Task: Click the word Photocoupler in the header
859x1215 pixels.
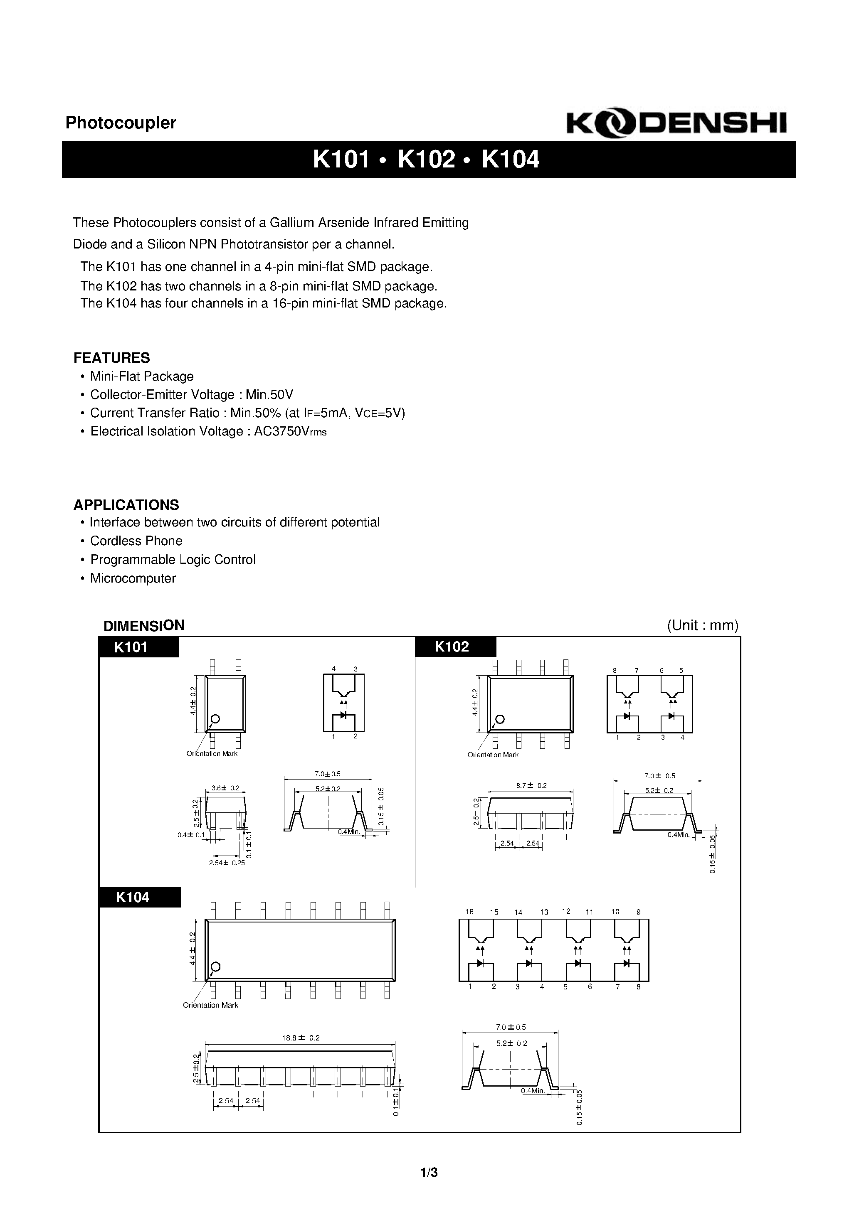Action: pyautogui.click(x=121, y=123)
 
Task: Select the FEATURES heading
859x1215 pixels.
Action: pyautogui.click(x=112, y=358)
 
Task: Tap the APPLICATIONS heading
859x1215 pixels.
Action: pyautogui.click(x=126, y=504)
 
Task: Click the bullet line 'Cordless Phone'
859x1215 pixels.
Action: pyautogui.click(x=136, y=541)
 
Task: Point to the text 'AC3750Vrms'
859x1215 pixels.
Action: pyautogui.click(x=290, y=431)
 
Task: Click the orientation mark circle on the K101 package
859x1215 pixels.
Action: pyautogui.click(x=215, y=718)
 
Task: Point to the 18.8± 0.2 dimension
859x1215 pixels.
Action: pyautogui.click(x=301, y=1038)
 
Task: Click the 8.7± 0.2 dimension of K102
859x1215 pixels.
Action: pyautogui.click(x=531, y=785)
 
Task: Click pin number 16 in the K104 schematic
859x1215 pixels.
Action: pyautogui.click(x=469, y=911)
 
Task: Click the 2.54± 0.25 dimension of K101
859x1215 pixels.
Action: pyautogui.click(x=227, y=863)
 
